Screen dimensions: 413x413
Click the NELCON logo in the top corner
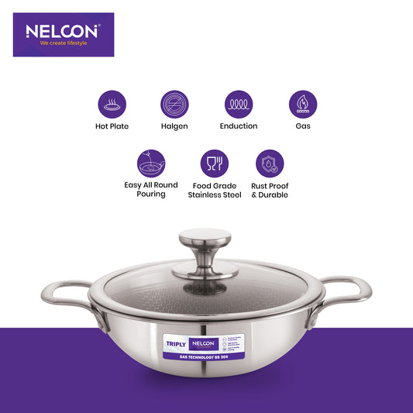[63, 32]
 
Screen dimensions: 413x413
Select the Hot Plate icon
[112, 104]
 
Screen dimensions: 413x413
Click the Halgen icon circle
[174, 104]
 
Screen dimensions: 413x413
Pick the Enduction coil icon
[238, 104]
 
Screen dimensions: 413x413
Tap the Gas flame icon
[302, 104]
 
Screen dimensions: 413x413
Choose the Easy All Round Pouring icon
[150, 163]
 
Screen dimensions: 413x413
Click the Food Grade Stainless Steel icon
[215, 163]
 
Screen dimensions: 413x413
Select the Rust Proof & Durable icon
[270, 163]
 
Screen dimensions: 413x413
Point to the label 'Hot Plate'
[112, 126]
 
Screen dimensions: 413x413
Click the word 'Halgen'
[174, 126]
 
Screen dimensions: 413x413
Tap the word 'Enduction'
[238, 126]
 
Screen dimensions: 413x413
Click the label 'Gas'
[302, 126]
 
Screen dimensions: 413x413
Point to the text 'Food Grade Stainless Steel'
[215, 190]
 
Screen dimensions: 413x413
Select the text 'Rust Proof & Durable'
[270, 190]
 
